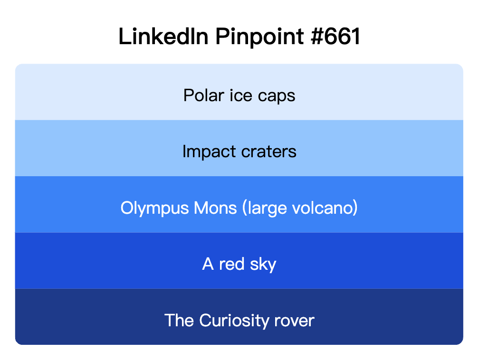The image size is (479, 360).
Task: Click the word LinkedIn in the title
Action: coord(163,37)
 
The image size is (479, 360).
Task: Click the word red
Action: coord(231,264)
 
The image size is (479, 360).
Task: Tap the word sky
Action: coord(262,265)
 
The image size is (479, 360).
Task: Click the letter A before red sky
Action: coord(208,264)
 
